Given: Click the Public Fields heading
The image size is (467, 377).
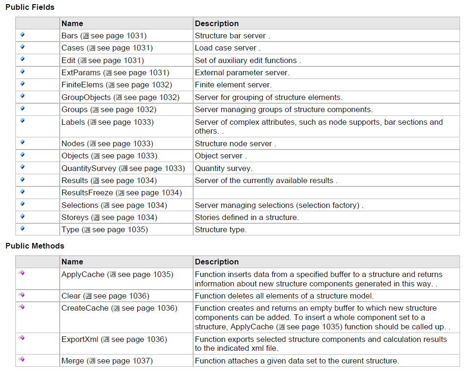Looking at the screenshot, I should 30,7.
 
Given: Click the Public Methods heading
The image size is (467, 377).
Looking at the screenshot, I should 35,246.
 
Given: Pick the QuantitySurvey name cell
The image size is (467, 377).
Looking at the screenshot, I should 89,168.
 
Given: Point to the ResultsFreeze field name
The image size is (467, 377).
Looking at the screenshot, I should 87,192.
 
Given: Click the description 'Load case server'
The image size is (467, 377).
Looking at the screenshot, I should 225,48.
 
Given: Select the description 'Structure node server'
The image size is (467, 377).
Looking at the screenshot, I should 233,143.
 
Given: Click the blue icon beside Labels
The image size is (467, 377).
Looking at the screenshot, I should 22,121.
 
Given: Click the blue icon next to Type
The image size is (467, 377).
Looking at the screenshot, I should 22,228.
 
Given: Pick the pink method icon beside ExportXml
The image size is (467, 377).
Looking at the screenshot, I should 21,338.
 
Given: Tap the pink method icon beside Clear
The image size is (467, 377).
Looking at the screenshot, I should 21,295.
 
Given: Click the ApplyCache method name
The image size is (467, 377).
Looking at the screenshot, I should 83,274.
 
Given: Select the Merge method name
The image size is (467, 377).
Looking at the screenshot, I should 73,361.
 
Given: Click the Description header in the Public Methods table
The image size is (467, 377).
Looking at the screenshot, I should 216,262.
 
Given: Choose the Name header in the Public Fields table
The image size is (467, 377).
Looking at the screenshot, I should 72,23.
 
